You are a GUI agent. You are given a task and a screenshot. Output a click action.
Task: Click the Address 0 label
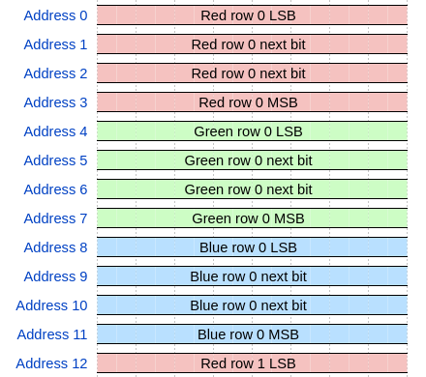click(x=55, y=15)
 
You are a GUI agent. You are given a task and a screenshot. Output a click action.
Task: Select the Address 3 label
click(x=55, y=102)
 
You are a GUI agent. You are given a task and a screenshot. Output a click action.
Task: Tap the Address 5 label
click(x=55, y=160)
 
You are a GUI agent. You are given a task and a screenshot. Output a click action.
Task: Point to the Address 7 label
click(x=55, y=218)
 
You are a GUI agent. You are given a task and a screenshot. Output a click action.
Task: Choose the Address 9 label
click(x=55, y=276)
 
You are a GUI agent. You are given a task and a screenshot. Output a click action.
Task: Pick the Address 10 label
click(x=51, y=305)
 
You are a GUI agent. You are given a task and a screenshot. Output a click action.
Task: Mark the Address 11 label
click(x=51, y=334)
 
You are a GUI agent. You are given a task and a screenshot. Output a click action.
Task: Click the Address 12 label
click(x=51, y=363)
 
